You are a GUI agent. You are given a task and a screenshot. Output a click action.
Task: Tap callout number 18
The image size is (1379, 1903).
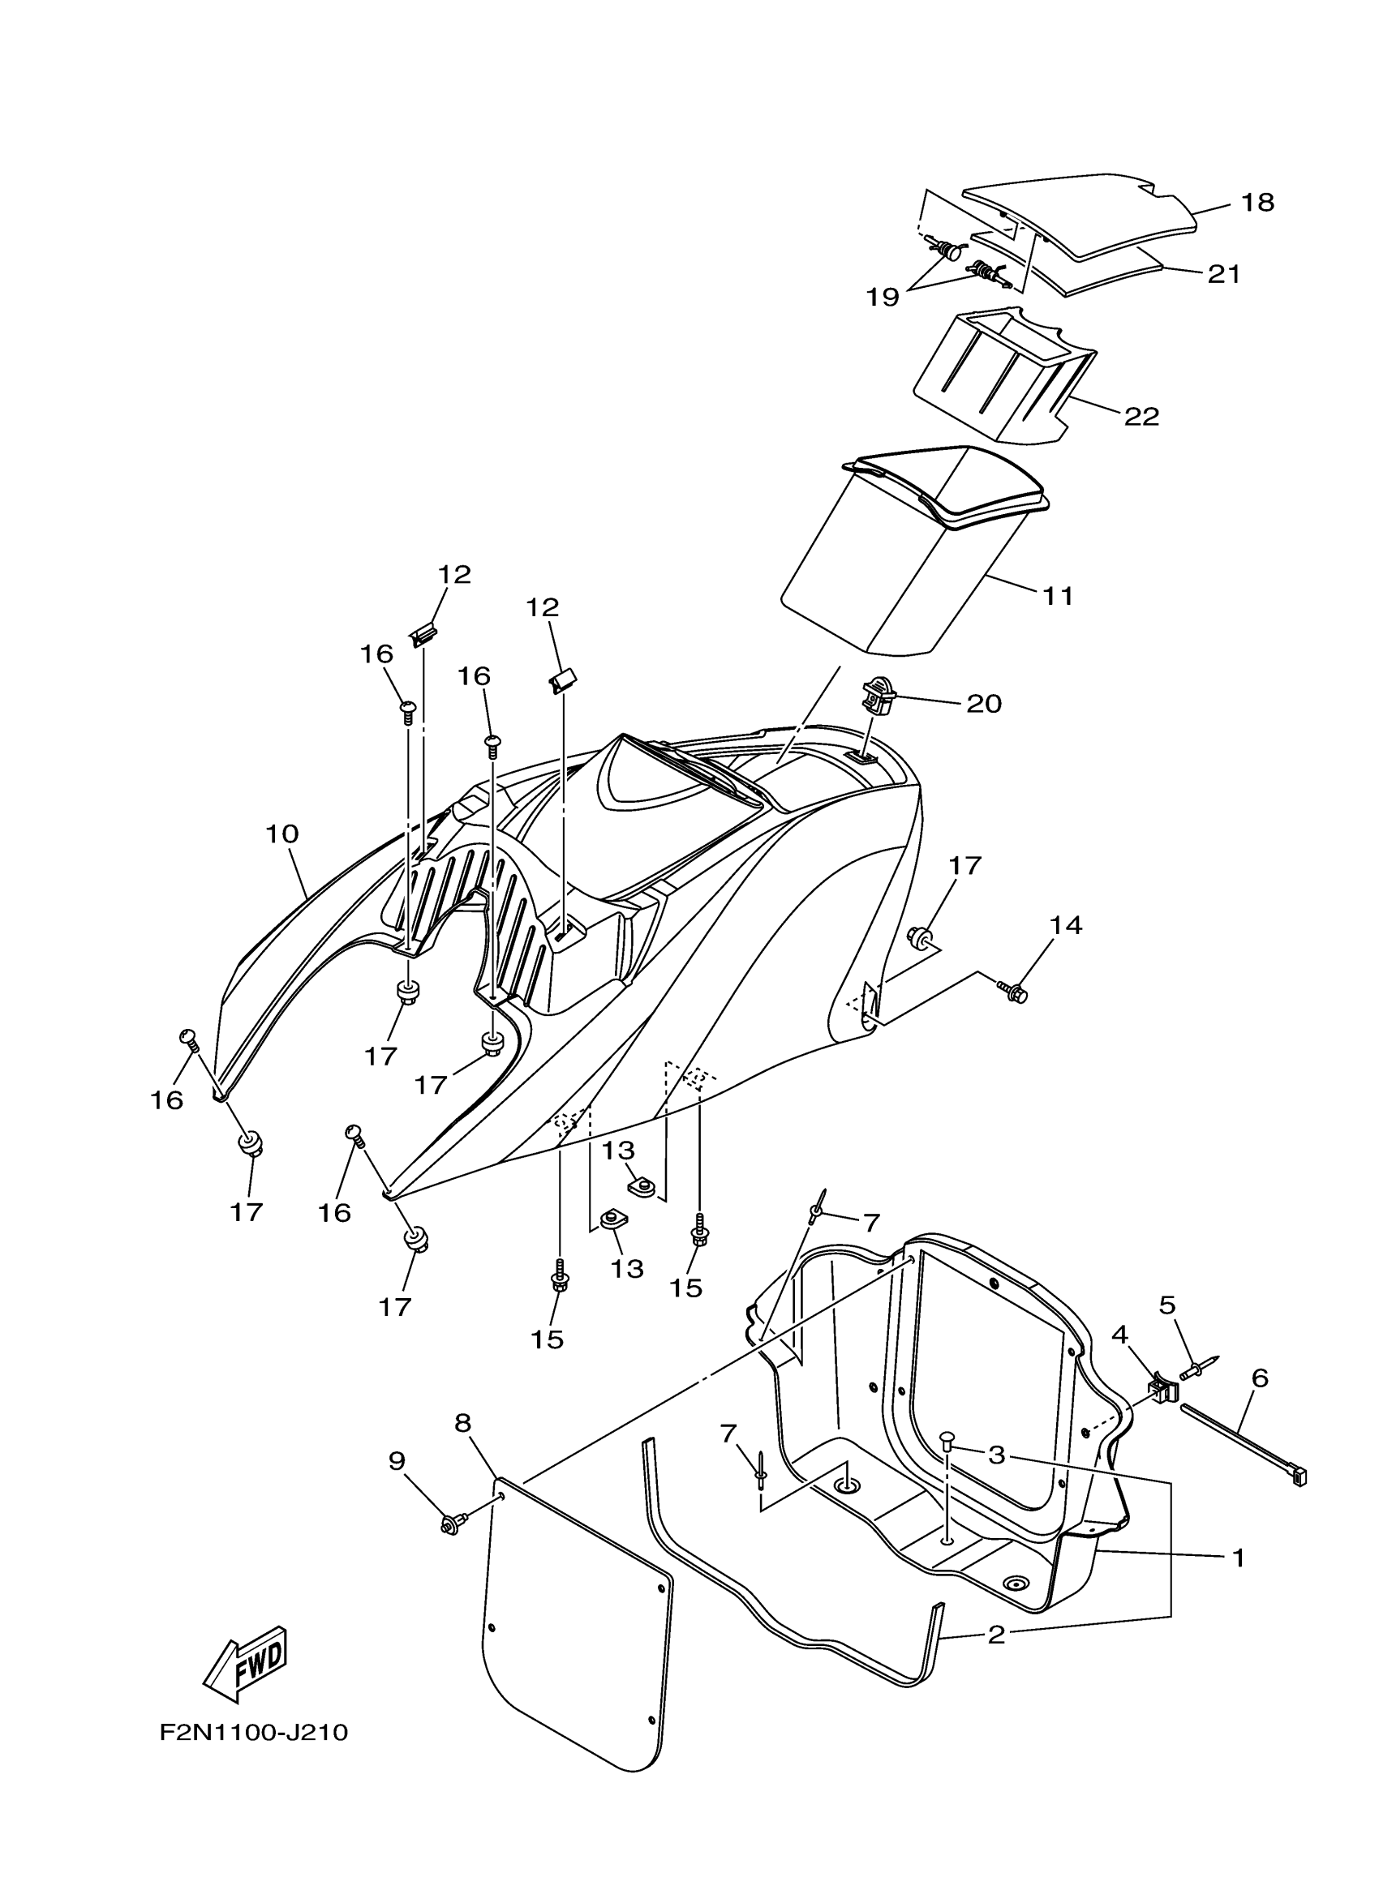pos(1257,202)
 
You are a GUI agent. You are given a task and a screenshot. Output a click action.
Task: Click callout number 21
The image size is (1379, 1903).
pos(1224,274)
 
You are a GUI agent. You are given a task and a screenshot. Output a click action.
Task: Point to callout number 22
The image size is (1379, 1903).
pos(1141,416)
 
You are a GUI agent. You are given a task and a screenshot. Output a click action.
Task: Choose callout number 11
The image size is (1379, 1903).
pos(1059,596)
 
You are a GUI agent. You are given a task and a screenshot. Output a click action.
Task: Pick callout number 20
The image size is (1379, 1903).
pos(985,703)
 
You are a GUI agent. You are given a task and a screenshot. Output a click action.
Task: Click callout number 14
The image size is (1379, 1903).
pos(1066,925)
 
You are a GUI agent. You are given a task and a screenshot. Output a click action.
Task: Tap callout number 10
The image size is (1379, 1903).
pos(282,834)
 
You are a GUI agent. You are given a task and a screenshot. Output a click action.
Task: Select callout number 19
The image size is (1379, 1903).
pos(883,296)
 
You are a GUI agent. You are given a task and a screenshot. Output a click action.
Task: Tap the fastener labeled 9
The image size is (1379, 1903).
pos(449,1523)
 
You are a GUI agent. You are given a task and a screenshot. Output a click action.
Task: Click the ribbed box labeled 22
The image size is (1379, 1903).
pos(999,378)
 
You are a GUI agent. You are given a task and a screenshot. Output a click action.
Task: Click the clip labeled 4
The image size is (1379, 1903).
pos(1162,1391)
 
